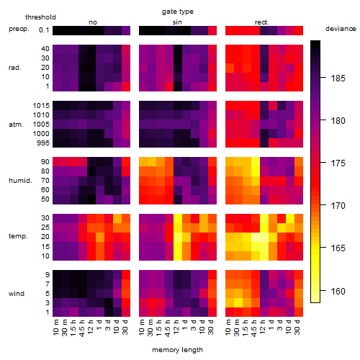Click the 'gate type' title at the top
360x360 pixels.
pos(178,12)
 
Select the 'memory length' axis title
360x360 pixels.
pos(177,350)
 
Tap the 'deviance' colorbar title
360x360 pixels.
pos(341,29)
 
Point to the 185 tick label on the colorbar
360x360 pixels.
pos(338,78)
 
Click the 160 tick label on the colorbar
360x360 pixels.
pos(338,292)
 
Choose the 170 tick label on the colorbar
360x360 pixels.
pos(338,206)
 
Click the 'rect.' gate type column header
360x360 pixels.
pos(262,22)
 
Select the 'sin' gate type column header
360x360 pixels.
pos(177,22)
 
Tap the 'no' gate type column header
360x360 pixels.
pos(93,22)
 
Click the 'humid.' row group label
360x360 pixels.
pos(20,181)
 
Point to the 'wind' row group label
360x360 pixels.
pos(17,294)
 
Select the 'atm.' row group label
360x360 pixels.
pos(16,125)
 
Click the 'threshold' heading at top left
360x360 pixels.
pos(40,17)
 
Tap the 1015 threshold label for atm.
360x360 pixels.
pos(41,106)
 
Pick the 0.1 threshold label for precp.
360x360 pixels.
pos(44,30)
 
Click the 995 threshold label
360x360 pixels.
pos(43,143)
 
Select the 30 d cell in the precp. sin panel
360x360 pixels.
pos(212,30)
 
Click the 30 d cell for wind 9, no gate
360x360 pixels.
pos(126,275)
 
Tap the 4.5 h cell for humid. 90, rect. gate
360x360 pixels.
pos(256,162)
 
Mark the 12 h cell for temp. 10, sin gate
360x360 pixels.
pos(178,256)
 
